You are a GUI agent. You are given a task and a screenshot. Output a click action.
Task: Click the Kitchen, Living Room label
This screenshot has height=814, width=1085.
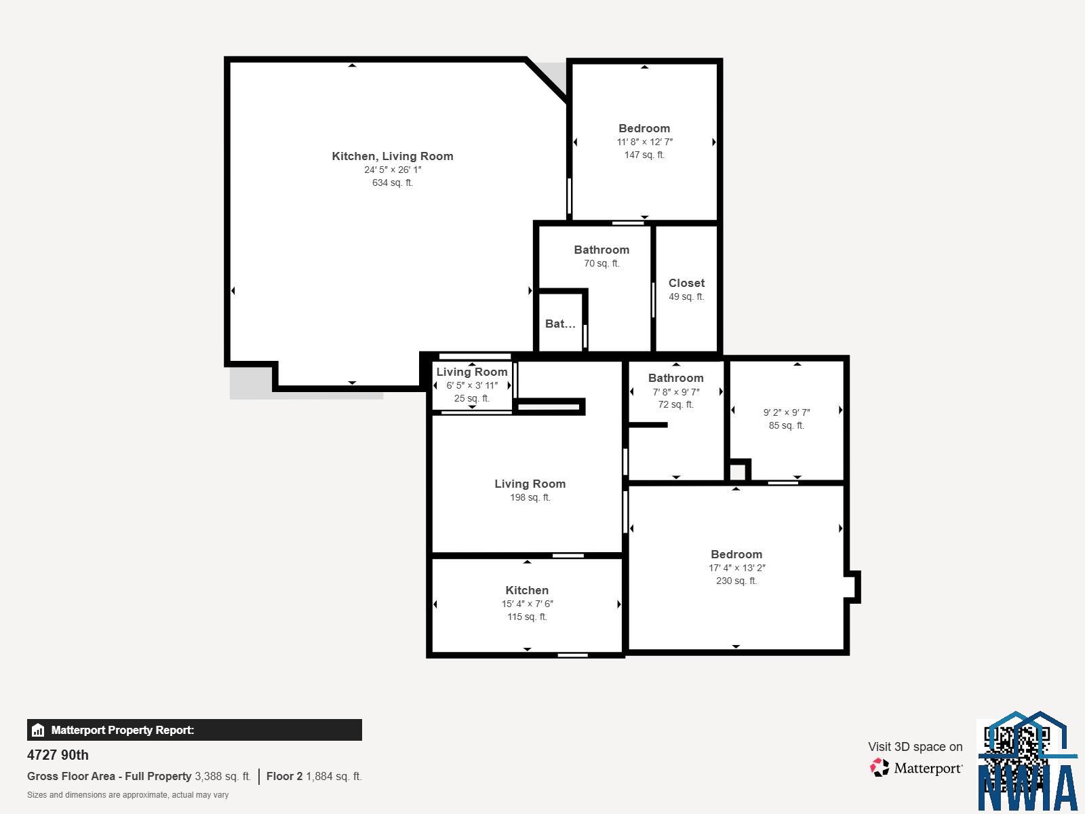click(x=393, y=156)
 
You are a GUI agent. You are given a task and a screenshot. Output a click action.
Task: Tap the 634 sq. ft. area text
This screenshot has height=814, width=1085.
click(x=393, y=183)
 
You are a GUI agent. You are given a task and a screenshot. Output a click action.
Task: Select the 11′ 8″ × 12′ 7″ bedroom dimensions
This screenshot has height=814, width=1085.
click(x=645, y=142)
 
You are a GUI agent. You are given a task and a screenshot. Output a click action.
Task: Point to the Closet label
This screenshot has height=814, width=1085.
click(x=686, y=283)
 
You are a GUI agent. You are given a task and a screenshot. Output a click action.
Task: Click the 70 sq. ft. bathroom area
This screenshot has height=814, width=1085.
click(x=601, y=263)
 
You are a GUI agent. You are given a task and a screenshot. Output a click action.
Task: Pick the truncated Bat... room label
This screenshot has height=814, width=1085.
click(x=560, y=324)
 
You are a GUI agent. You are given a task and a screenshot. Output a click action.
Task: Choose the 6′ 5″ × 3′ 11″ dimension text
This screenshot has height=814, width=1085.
click(x=472, y=385)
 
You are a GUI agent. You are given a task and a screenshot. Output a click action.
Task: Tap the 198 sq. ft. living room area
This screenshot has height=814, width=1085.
click(x=530, y=497)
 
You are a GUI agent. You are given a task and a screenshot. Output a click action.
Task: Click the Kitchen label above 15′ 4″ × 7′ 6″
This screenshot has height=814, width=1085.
click(x=527, y=590)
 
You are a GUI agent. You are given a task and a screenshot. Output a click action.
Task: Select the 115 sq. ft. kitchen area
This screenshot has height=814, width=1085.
click(x=527, y=617)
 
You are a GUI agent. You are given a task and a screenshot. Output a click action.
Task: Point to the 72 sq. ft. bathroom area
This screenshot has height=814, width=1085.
click(x=675, y=404)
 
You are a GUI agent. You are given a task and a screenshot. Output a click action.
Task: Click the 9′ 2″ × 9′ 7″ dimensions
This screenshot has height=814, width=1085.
click(x=787, y=412)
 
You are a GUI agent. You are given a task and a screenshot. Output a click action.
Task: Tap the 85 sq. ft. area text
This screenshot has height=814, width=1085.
click(x=787, y=425)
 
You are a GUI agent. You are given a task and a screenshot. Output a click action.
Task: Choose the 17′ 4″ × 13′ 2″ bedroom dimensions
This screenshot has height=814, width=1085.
click(x=736, y=568)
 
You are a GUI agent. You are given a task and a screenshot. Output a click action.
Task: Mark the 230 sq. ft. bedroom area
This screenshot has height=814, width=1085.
click(x=736, y=581)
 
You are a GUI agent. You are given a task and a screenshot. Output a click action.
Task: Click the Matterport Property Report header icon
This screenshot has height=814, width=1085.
click(x=38, y=730)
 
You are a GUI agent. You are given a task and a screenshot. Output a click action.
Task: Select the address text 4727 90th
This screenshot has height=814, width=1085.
click(x=58, y=755)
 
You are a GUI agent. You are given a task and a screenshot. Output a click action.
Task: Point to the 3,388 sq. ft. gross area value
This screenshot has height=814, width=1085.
click(x=223, y=777)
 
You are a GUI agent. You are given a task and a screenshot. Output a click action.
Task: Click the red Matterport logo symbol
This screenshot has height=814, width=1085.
click(x=880, y=768)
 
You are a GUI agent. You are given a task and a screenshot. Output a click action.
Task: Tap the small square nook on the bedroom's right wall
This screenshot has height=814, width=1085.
click(x=852, y=587)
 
